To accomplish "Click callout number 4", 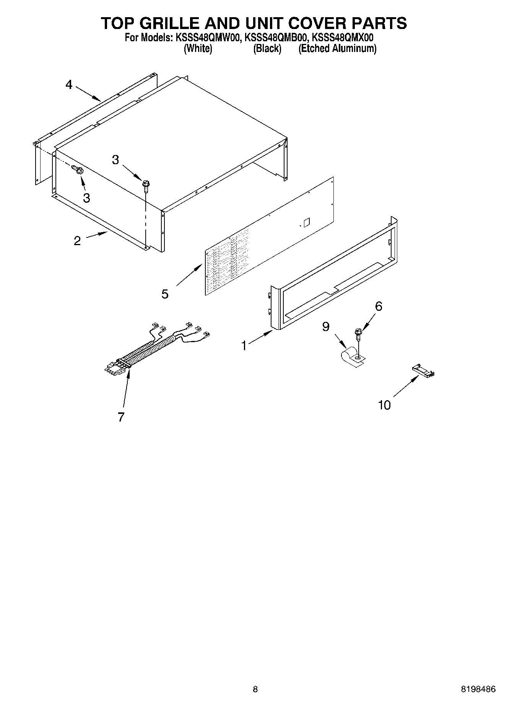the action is click(69, 85).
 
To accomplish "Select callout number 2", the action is click(77, 241).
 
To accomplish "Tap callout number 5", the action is click(165, 294).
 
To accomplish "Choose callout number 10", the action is click(384, 405).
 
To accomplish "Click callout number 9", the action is click(326, 327).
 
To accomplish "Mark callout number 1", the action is click(244, 346).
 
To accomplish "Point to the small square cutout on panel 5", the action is click(306, 221).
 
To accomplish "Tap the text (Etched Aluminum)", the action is click(337, 48).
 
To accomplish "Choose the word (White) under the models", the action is click(198, 48).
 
